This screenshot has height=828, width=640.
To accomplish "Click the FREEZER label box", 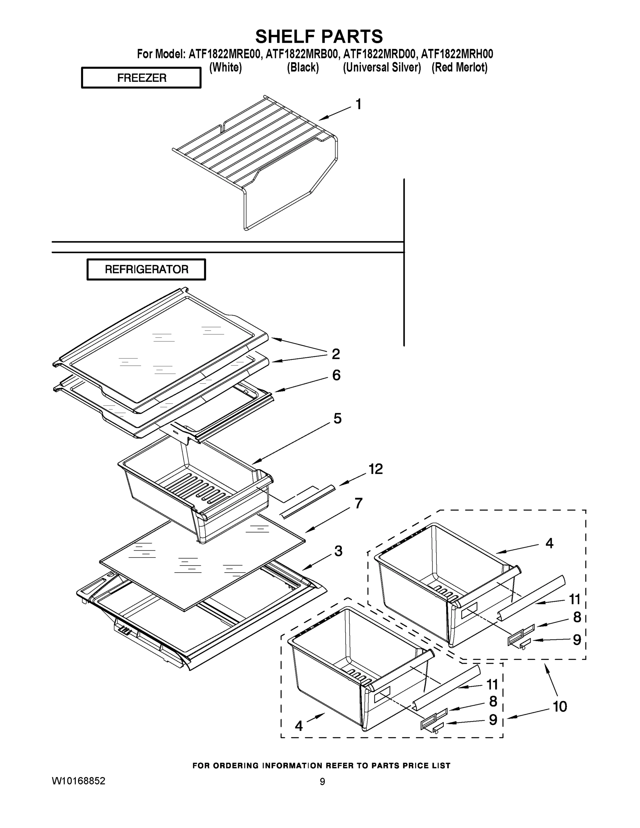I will click(141, 78).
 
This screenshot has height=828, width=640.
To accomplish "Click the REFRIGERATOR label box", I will click(146, 269).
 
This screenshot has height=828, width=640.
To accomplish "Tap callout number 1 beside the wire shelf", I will click(358, 104).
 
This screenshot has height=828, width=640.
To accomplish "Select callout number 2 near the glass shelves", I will click(336, 354).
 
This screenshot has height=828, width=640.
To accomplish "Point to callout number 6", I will click(336, 375).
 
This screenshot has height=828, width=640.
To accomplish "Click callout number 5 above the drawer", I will click(337, 418).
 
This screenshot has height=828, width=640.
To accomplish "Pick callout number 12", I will click(376, 469).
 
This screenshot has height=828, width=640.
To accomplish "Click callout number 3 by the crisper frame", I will click(338, 551).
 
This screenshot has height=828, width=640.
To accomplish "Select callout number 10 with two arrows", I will click(560, 706).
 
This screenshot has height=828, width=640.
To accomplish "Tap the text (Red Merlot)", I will click(460, 68).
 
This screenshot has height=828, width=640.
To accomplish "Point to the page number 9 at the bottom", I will click(322, 782).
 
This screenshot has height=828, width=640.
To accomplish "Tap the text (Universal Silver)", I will click(382, 68).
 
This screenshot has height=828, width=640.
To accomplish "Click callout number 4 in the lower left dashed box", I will click(299, 726).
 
